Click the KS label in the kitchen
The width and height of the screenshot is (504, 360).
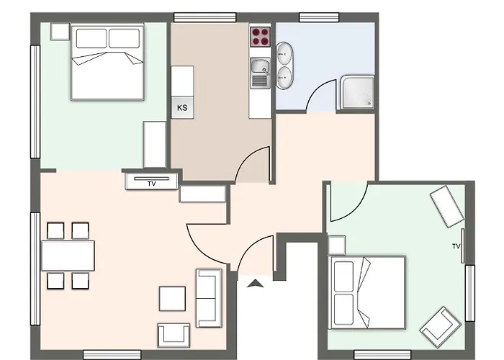pyautogui.click(x=182, y=107)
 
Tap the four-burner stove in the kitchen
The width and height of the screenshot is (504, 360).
pyautogui.click(x=261, y=37)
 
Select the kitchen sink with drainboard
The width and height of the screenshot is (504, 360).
pyautogui.click(x=261, y=73)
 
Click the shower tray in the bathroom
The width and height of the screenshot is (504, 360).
pyautogui.click(x=357, y=92)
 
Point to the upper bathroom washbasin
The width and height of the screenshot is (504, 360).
pyautogui.click(x=284, y=54)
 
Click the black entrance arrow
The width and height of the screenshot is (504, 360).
pyautogui.click(x=256, y=283)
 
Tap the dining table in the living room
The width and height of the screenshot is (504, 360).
pyautogui.click(x=68, y=256)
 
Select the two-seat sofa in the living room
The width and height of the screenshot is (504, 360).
pyautogui.click(x=209, y=298)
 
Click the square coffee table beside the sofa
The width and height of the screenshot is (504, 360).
pyautogui.click(x=172, y=299)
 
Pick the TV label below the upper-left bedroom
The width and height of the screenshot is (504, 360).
pyautogui.click(x=152, y=184)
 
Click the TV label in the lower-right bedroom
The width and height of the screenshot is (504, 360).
pyautogui.click(x=456, y=246)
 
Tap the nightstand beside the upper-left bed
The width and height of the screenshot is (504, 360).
pyautogui.click(x=60, y=32)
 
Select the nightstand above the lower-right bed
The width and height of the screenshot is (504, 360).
pyautogui.click(x=336, y=246)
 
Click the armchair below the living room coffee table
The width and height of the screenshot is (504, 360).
pyautogui.click(x=174, y=336)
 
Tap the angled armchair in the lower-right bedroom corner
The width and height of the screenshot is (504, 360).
pyautogui.click(x=441, y=327)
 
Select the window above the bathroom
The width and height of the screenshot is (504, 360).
pyautogui.click(x=319, y=17)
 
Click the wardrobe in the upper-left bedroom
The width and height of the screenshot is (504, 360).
pyautogui.click(x=155, y=144)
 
